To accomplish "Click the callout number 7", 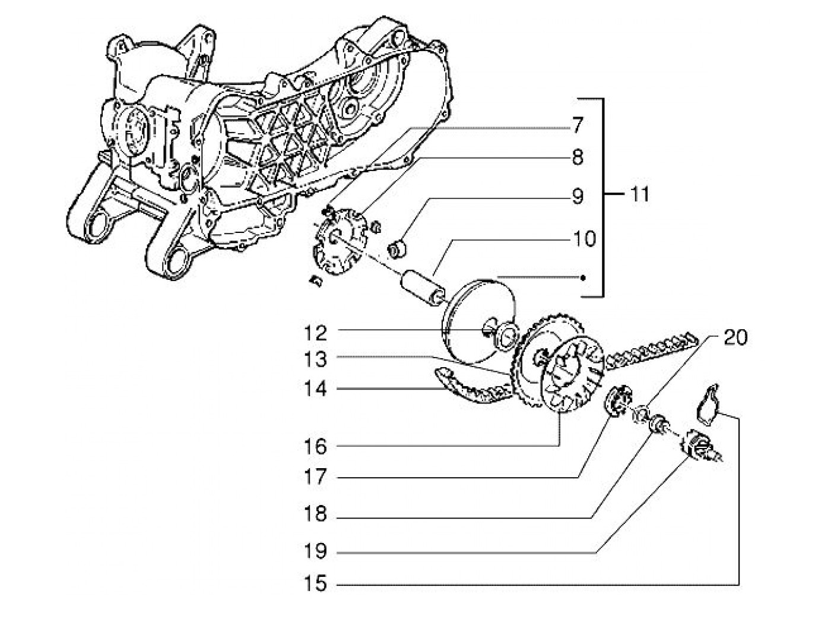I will coord(578,126).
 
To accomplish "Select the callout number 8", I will coord(578,157).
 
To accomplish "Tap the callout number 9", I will coord(578,197).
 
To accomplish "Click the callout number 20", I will coord(735,338).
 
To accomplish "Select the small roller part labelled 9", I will coord(397,248).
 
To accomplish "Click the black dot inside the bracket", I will coord(584,277).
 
